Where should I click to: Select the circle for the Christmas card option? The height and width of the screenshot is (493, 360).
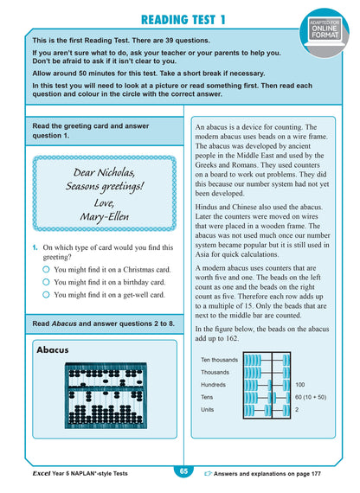click(44, 269)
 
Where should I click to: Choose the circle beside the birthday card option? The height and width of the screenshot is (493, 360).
click(44, 281)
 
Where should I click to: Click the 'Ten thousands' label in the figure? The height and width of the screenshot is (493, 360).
click(220, 360)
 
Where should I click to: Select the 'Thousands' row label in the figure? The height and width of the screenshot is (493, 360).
click(215, 372)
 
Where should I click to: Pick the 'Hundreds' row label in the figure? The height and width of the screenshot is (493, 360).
click(215, 385)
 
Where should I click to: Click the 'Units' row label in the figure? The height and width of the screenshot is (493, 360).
click(209, 409)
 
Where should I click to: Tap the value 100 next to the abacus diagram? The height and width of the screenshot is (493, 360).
click(300, 385)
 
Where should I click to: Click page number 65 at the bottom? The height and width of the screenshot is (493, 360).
click(183, 471)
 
